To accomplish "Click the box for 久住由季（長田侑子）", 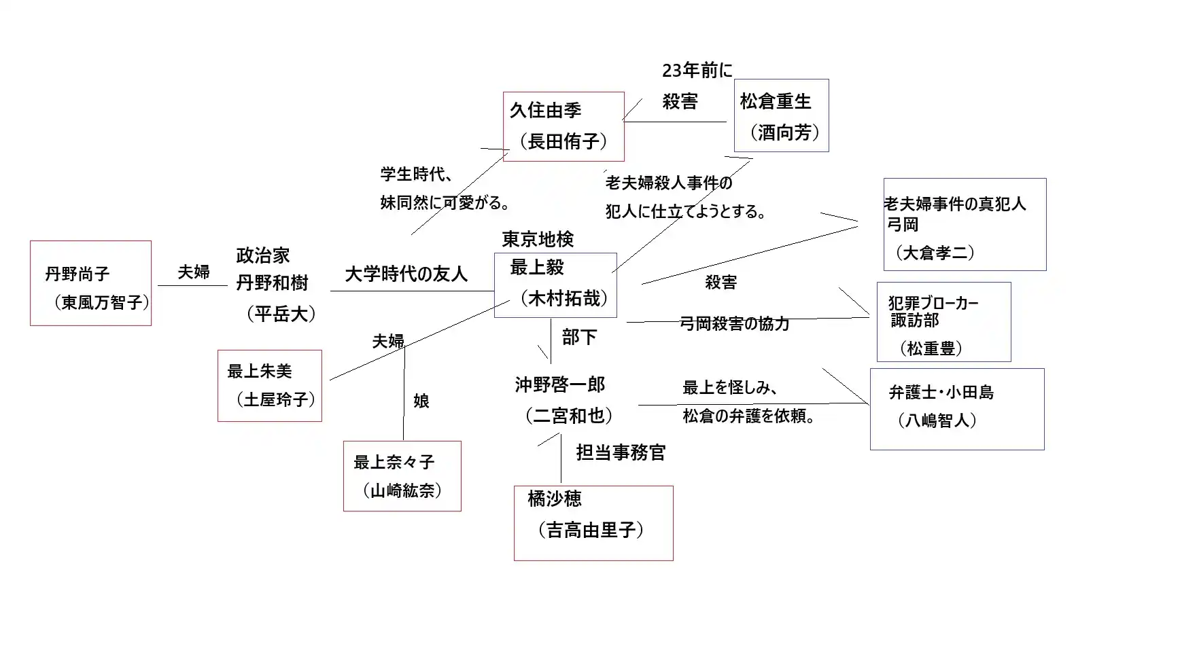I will click(563, 126).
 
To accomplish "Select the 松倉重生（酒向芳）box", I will click(781, 115).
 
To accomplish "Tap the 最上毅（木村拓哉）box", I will click(555, 285).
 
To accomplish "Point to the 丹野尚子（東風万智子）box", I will click(90, 283).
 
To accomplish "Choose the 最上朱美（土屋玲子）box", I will click(270, 386).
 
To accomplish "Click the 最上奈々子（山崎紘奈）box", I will click(402, 476).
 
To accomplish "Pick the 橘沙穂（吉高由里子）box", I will click(593, 523).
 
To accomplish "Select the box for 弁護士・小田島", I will click(957, 409).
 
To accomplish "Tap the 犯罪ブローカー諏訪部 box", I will click(943, 322).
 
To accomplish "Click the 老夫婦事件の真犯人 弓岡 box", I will click(965, 225).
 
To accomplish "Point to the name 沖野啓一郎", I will click(559, 385).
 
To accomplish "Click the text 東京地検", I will click(538, 239).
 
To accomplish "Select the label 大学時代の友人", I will click(406, 274).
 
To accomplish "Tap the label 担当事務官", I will click(621, 452).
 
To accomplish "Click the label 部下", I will click(578, 337).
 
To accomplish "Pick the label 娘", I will click(421, 401).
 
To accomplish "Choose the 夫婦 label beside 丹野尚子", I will click(194, 272).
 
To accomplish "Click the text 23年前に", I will click(697, 70).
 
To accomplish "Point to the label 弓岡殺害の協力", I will click(734, 323).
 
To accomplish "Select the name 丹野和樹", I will click(272, 283).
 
